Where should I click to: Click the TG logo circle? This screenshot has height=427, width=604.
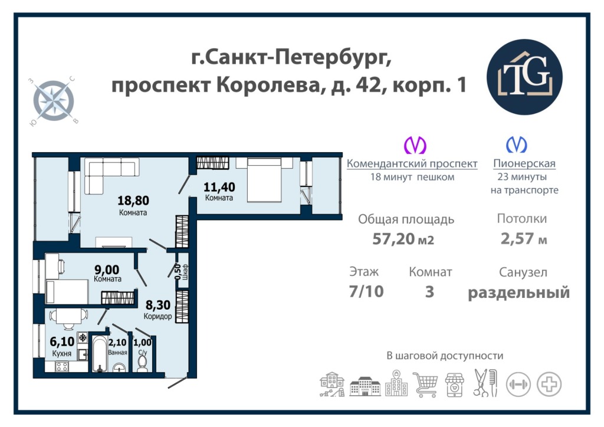pyautogui.click(x=524, y=77)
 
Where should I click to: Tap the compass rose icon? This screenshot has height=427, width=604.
pyautogui.click(x=53, y=101)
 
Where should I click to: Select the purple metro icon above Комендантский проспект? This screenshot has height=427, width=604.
pyautogui.click(x=415, y=144)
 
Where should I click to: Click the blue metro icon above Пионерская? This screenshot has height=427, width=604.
pyautogui.click(x=516, y=144)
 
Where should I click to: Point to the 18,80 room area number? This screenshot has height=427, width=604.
pyautogui.click(x=133, y=200)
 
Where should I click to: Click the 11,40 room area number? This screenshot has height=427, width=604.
pyautogui.click(x=219, y=187)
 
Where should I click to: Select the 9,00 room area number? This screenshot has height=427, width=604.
pyautogui.click(x=107, y=269)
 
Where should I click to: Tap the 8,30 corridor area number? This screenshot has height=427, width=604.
pyautogui.click(x=158, y=305)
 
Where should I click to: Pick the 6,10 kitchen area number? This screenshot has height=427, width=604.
pyautogui.click(x=62, y=341)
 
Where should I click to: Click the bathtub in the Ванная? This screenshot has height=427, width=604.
pyautogui.click(x=100, y=353)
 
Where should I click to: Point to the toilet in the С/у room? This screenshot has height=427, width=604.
pyautogui.click(x=142, y=364)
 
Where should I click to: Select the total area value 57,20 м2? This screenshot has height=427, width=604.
pyautogui.click(x=403, y=239)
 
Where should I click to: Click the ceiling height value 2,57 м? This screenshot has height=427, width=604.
pyautogui.click(x=524, y=239)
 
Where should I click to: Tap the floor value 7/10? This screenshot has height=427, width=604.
pyautogui.click(x=366, y=291)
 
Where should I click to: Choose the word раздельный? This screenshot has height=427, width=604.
pyautogui.click(x=518, y=293)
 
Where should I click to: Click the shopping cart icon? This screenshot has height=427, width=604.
pyautogui.click(x=426, y=384)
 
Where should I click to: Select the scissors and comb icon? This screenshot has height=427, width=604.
pyautogui.click(x=485, y=383)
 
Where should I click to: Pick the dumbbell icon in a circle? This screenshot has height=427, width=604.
pyautogui.click(x=518, y=385)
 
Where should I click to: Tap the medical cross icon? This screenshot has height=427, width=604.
pyautogui.click(x=549, y=385)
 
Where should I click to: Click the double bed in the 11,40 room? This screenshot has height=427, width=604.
pyautogui.click(x=264, y=180)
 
